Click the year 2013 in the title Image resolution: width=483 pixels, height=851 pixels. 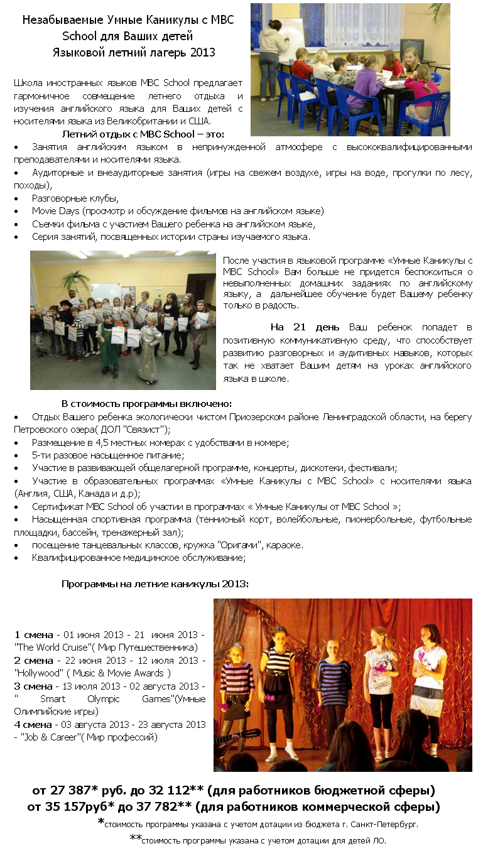[x=202, y=52]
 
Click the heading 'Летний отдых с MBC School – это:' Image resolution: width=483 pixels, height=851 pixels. [x=143, y=134]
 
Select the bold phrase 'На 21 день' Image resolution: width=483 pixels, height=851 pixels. [x=305, y=327]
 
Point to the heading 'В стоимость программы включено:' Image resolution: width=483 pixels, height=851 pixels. [x=146, y=403]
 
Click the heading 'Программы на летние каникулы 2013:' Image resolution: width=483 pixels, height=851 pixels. [x=155, y=583]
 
